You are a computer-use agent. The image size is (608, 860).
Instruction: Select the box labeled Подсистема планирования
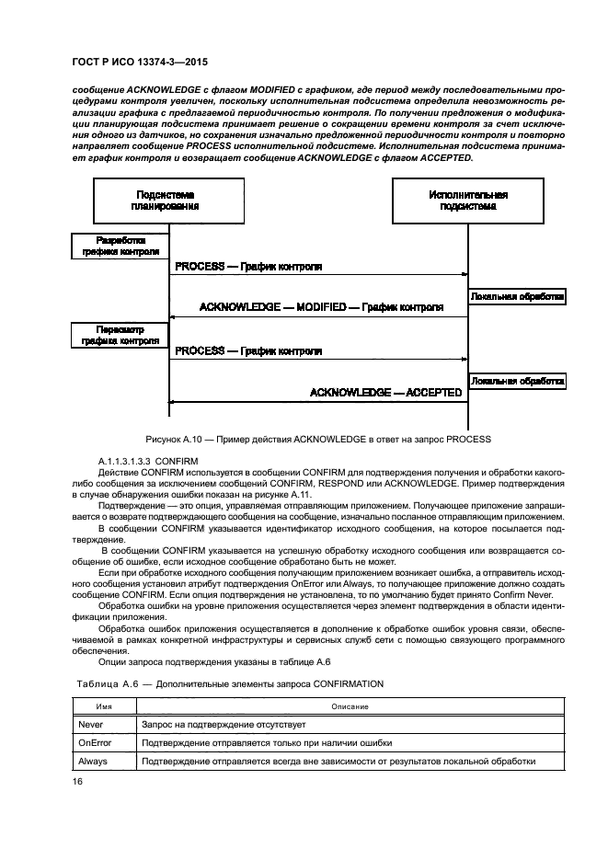click(167, 201)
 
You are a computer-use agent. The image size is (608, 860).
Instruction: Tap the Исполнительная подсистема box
click(467, 201)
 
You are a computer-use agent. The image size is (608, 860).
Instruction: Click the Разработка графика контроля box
click(120, 246)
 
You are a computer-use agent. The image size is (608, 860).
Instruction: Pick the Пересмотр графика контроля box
click(120, 334)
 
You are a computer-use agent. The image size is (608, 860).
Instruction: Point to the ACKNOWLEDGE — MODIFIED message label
click(321, 306)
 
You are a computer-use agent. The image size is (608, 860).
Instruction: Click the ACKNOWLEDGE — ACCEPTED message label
click(385, 392)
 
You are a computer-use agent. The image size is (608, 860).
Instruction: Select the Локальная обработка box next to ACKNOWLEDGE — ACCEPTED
click(517, 380)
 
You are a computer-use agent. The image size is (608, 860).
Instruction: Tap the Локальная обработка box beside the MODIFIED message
click(517, 297)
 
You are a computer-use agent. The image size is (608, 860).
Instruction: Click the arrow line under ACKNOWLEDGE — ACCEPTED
click(317, 402)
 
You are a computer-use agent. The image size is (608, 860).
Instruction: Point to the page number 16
click(78, 782)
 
